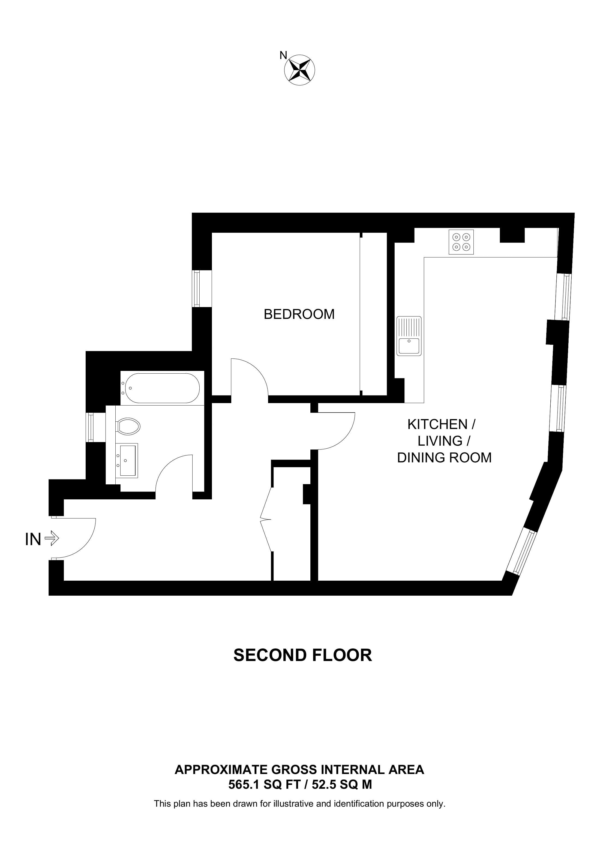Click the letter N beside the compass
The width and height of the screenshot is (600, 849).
click(283, 55)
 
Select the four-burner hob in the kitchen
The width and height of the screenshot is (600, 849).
click(461, 242)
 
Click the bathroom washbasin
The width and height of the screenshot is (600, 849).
click(127, 460)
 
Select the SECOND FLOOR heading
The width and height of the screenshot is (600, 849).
click(302, 655)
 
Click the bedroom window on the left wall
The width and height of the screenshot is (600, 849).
click(196, 289)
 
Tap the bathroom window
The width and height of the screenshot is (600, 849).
click(90, 427)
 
